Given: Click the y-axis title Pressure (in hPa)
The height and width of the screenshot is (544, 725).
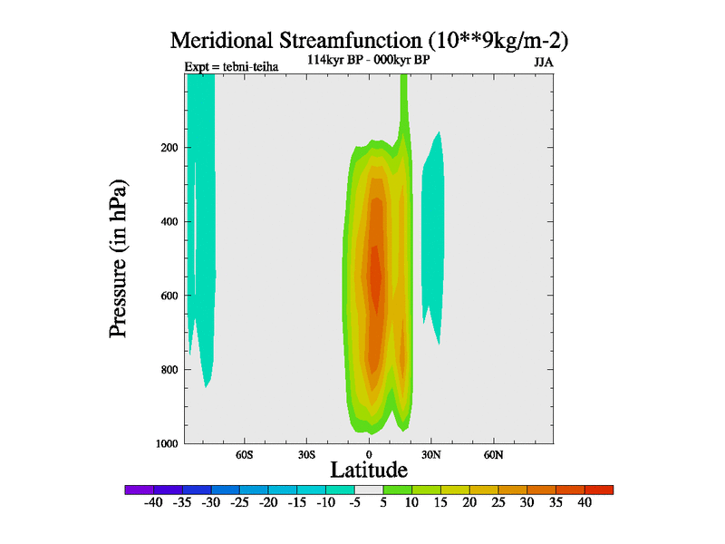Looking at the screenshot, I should [119, 258].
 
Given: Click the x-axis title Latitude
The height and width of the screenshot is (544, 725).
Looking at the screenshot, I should [368, 470].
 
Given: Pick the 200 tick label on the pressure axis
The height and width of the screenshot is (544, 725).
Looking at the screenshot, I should [169, 148].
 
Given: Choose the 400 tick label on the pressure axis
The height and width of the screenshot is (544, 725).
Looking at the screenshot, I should [169, 221].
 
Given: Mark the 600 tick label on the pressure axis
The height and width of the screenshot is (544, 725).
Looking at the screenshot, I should [169, 296].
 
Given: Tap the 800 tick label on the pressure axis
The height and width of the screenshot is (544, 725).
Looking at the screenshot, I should [169, 370].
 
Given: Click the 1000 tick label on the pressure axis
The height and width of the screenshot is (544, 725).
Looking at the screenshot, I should [166, 443].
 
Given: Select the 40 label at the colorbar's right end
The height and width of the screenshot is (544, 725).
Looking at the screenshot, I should [585, 502].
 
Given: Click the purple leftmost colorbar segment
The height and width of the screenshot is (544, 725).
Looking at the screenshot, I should [139, 490].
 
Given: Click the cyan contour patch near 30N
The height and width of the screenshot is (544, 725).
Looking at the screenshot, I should [433, 236].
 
